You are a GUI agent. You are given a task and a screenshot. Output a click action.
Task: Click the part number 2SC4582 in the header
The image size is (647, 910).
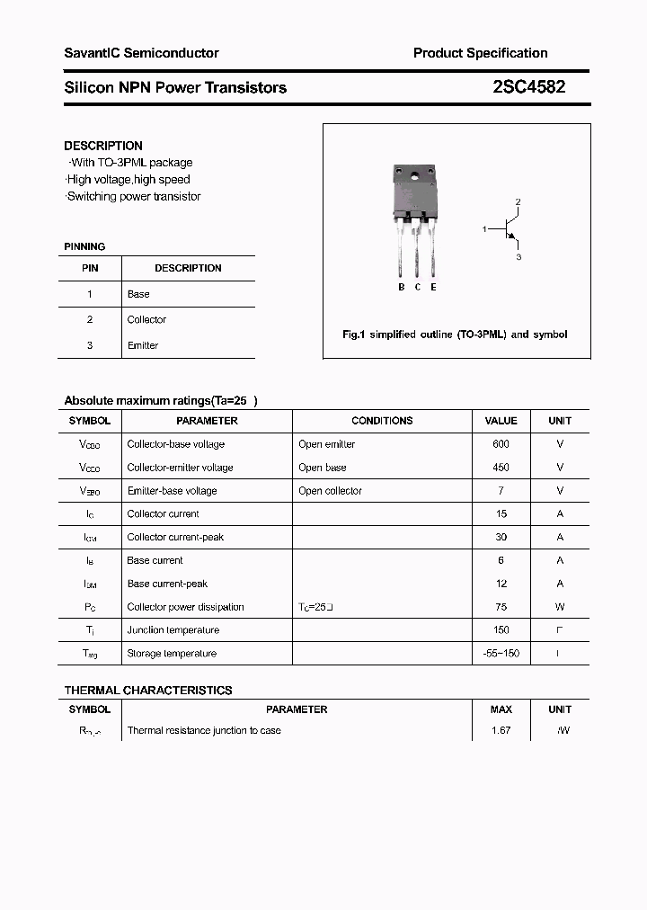(529, 87)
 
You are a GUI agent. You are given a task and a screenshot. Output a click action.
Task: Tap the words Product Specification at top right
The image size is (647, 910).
(480, 53)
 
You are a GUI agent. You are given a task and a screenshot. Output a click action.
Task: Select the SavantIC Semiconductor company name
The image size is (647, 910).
(141, 53)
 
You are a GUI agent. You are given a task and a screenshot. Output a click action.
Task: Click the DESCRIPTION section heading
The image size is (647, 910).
(103, 146)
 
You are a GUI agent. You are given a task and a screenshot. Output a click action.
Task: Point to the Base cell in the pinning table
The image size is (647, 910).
(138, 294)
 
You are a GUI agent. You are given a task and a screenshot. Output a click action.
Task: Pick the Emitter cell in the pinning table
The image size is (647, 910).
(143, 345)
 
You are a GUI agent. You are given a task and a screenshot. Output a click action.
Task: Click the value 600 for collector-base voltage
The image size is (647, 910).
(501, 444)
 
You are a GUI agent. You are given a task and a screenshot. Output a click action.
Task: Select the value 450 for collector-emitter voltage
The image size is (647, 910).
(501, 468)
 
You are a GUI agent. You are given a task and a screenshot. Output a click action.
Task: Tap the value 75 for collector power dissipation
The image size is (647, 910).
(501, 607)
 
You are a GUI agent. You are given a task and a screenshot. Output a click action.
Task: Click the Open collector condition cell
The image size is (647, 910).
(330, 491)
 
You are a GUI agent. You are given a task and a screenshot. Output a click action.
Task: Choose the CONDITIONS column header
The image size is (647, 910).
(382, 421)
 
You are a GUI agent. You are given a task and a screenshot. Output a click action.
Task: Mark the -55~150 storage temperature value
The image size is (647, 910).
(501, 654)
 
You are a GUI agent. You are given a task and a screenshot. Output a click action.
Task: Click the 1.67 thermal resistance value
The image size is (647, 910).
(501, 730)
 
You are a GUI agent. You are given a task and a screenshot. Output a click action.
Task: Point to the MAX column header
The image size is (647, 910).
(501, 709)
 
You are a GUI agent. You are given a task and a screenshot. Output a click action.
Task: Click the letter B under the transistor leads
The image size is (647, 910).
(402, 287)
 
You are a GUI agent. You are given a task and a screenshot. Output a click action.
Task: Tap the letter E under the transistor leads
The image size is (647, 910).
(433, 287)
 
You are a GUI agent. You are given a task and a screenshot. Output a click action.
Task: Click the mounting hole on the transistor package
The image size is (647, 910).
(416, 175)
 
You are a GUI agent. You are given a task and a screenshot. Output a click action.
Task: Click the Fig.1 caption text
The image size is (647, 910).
(455, 335)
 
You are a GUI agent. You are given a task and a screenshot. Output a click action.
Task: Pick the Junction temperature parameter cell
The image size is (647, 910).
(173, 630)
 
